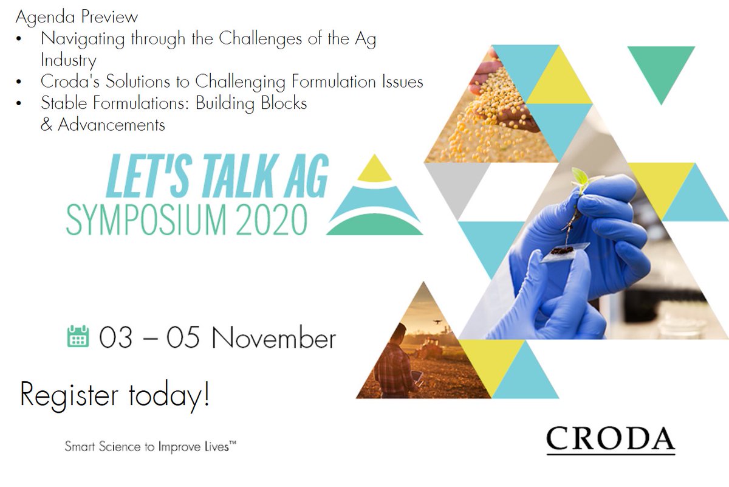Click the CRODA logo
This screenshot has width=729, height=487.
(x=610, y=439)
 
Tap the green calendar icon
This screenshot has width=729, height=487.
(x=77, y=336)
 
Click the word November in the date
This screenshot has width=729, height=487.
(x=273, y=338)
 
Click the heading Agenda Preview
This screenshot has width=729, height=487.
(x=77, y=16)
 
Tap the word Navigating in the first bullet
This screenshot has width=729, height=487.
(x=83, y=39)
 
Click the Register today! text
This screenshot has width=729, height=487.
(x=115, y=395)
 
